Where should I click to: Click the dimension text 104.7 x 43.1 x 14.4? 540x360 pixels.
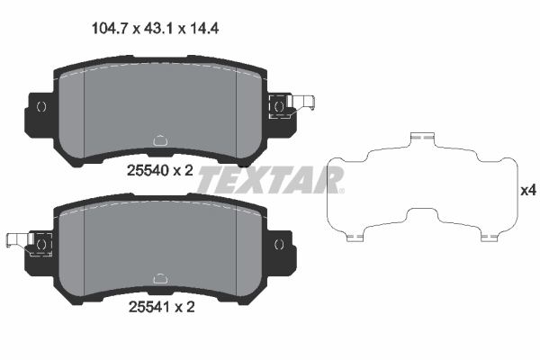click(x=157, y=28)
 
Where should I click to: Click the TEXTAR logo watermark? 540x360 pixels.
click(x=270, y=179)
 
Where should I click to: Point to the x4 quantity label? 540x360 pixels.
click(x=528, y=191)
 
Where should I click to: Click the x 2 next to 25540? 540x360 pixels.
click(x=184, y=170)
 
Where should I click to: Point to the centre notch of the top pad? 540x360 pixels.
click(x=160, y=140)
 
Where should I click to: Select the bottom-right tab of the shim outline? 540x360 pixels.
click(x=490, y=237)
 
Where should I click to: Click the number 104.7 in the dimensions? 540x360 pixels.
click(x=110, y=28)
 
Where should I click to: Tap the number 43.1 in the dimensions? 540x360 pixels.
click(x=157, y=28)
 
